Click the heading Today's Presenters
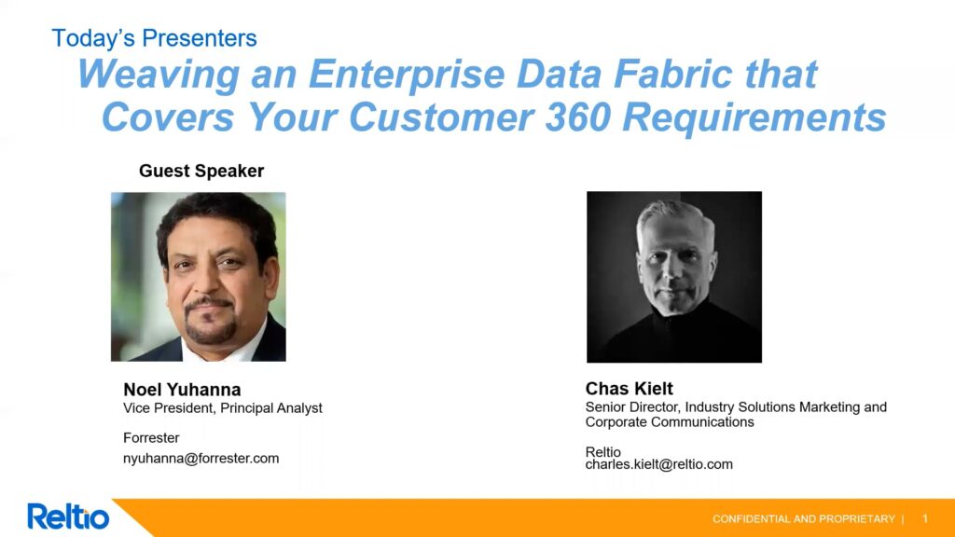pos(154,38)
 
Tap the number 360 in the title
pos(578,117)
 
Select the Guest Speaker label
pos(201,172)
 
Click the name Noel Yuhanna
pos(182,389)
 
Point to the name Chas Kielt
pos(630,389)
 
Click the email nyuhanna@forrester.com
pos(201,459)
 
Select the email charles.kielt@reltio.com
pos(659,464)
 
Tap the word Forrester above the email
pos(151,438)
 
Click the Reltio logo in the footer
pos(68,516)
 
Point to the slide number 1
pos(925,518)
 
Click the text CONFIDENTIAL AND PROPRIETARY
pos(803,519)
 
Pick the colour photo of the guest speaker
pos(199,277)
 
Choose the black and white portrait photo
pos(674,277)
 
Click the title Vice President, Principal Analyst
pos(223,408)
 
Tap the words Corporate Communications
pos(670,422)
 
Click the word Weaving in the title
pos(159,75)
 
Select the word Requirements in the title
pos(754,117)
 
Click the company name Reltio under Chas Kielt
pos(603,452)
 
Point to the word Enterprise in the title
pos(407,75)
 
